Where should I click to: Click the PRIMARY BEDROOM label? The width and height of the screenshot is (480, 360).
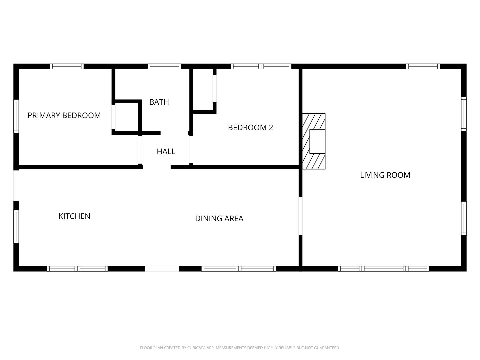(x=64, y=115)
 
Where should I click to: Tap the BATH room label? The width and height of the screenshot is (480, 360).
(x=159, y=102)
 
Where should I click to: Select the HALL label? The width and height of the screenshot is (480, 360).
(x=166, y=151)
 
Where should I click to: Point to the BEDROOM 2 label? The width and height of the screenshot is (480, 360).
(x=250, y=127)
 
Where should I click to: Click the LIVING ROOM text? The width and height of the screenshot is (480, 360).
(x=385, y=175)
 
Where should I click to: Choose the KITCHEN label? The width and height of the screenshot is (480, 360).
(x=74, y=216)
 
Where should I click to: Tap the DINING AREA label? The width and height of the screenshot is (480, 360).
(x=219, y=218)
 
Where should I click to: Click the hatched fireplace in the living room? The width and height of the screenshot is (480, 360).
(x=314, y=141)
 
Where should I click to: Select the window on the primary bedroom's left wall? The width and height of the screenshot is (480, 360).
(x=16, y=116)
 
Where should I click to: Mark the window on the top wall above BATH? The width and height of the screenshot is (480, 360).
(x=164, y=66)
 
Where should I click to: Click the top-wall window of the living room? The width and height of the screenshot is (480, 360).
(x=423, y=66)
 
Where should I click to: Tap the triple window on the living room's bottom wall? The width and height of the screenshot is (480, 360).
(x=383, y=269)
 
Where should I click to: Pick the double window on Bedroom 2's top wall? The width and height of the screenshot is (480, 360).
(x=261, y=66)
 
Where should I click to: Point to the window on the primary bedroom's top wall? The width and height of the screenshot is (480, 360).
(x=67, y=66)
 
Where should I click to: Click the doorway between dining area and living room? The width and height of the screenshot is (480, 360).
(x=300, y=216)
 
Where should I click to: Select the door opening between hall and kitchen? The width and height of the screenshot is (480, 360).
(x=157, y=167)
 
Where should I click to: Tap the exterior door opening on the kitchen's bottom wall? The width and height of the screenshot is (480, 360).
(x=162, y=269)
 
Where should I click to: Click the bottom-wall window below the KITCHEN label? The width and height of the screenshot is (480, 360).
(x=77, y=269)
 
